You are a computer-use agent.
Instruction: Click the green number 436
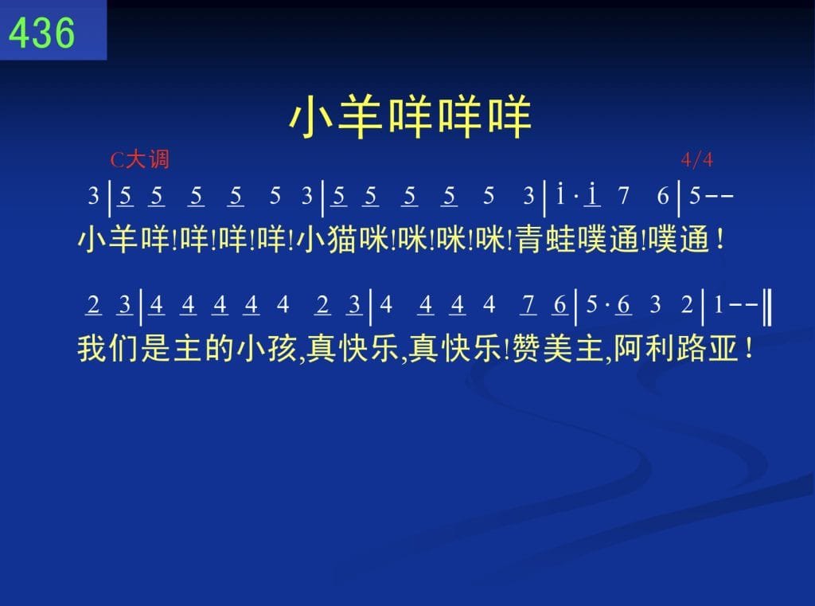click(41, 32)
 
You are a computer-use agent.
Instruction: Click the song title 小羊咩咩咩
click(410, 117)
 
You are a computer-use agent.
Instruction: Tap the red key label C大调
click(140, 159)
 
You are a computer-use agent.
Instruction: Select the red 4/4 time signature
click(696, 160)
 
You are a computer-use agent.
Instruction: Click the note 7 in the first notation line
click(623, 196)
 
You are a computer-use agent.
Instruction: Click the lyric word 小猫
click(328, 240)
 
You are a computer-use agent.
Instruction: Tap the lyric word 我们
click(108, 349)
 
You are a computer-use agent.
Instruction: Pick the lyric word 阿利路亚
click(675, 349)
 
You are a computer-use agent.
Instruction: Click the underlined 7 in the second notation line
click(528, 305)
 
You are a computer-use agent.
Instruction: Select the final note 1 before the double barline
click(719, 305)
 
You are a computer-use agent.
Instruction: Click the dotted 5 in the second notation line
click(591, 305)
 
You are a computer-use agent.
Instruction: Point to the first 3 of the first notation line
click(94, 196)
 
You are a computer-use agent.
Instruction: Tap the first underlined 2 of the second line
click(94, 305)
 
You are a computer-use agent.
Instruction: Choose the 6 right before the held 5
click(663, 196)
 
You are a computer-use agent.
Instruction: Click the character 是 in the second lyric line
click(156, 349)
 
